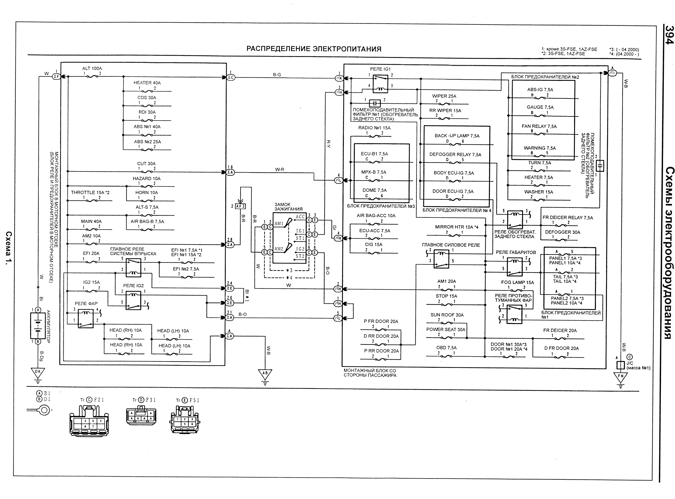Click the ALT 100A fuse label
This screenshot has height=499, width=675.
(x=92, y=68)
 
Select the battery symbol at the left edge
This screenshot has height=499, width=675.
(x=38, y=326)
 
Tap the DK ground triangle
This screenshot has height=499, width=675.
(x=38, y=372)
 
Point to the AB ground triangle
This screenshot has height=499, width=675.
(x=265, y=374)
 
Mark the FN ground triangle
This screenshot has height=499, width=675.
(x=620, y=377)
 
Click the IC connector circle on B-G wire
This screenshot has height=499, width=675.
(x=231, y=77)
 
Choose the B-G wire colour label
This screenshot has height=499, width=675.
(x=277, y=75)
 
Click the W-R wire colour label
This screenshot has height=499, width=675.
(x=280, y=169)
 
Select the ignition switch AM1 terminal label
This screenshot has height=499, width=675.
(x=279, y=224)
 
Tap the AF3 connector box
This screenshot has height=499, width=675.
(x=240, y=206)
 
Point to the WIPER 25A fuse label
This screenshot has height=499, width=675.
(x=444, y=96)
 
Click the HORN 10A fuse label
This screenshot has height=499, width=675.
(x=147, y=192)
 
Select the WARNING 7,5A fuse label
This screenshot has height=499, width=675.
(x=540, y=148)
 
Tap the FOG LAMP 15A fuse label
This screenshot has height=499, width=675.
(x=517, y=282)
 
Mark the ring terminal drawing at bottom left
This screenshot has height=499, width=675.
(x=44, y=410)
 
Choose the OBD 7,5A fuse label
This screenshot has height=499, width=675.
(x=446, y=348)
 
